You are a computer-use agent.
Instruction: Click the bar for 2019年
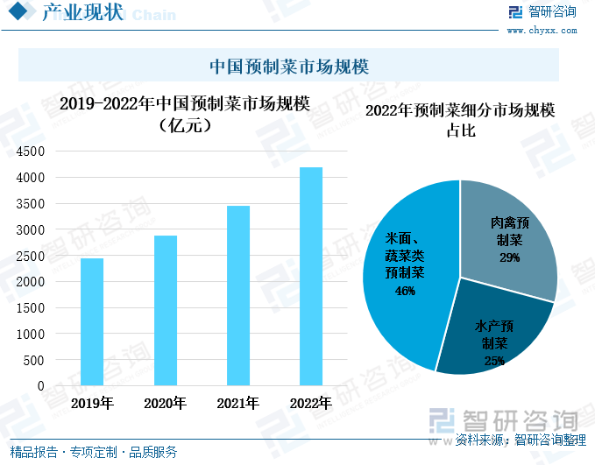(x=92, y=321)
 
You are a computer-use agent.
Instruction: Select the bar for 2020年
(x=165, y=310)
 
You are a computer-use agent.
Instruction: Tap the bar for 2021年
(x=237, y=295)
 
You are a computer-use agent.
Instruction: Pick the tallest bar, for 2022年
(x=311, y=276)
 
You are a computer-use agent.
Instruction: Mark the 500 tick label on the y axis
(x=33, y=360)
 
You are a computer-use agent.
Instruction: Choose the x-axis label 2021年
(x=237, y=404)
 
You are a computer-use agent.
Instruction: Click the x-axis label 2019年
(x=92, y=404)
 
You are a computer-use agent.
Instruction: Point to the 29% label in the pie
(x=509, y=257)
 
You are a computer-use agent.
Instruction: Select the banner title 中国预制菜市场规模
(x=288, y=67)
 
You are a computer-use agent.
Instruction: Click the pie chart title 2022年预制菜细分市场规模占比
(x=460, y=120)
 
